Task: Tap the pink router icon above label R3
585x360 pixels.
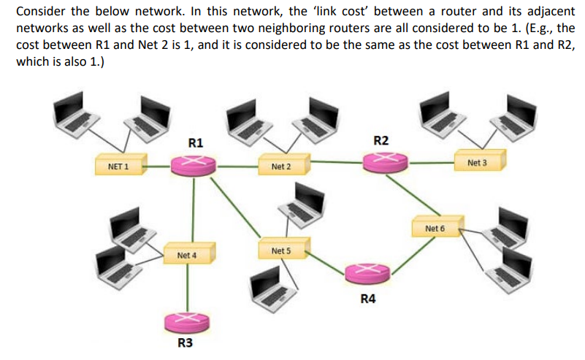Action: [188, 321]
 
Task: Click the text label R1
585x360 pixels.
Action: [196, 142]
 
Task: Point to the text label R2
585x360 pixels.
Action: [381, 139]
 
